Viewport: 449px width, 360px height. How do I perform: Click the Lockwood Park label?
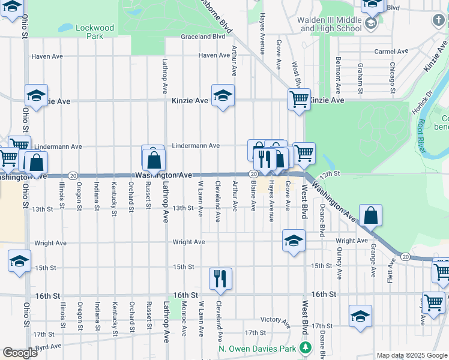95,32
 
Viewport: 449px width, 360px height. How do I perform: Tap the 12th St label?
330,173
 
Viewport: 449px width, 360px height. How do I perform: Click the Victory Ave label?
276,320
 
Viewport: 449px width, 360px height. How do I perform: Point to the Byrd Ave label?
48,346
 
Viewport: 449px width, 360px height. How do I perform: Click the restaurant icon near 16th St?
220,278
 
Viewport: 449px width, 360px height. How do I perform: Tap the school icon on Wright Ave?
293,241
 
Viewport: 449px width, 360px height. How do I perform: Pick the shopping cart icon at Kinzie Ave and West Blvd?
299,99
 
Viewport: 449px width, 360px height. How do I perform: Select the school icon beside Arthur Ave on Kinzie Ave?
223,95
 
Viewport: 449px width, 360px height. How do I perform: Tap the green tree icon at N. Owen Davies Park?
306,348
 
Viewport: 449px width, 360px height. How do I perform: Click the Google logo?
20,353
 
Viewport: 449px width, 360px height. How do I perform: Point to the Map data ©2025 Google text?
411,355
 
